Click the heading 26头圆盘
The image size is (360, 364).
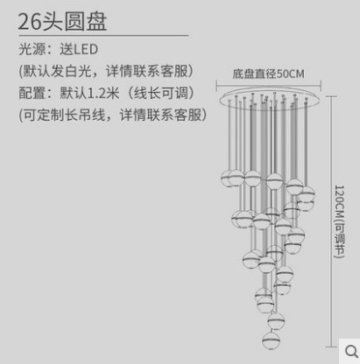[62, 21]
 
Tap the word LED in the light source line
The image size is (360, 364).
[86, 49]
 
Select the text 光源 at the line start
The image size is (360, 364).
[32, 49]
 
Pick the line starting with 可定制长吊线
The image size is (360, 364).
[113, 115]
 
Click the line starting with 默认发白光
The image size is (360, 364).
[106, 71]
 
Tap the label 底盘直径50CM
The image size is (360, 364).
[268, 73]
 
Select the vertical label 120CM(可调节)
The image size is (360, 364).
[340, 221]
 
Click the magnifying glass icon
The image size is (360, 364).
[351, 352]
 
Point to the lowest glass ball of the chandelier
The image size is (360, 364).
[271, 339]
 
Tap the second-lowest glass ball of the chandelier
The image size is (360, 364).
[276, 320]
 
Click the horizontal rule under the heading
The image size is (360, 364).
[103, 36]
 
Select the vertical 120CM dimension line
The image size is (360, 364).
[331, 221]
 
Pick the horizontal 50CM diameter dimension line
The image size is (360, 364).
[269, 86]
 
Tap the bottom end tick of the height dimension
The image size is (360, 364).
[331, 347]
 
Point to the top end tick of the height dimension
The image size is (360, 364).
[331, 96]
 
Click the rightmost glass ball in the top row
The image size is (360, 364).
[307, 194]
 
